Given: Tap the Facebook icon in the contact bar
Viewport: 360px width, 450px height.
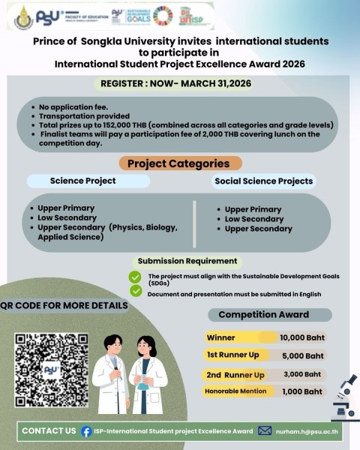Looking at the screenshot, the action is (87, 431).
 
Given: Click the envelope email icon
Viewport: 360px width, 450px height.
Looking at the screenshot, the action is (265, 430).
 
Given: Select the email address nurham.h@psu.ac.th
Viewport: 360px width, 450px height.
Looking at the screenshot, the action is (308, 431).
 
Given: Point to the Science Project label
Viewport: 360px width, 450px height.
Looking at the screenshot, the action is (82, 181).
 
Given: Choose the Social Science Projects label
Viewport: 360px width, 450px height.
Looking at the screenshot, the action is (264, 181).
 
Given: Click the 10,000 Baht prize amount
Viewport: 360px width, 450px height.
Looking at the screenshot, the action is (301, 337).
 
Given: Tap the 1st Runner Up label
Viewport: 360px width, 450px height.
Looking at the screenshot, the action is (232, 355).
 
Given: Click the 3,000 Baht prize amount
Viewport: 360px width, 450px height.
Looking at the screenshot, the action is (301, 374).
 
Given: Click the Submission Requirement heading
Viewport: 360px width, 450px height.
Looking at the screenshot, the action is (187, 261).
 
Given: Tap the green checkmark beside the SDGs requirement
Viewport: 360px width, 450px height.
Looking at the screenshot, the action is (136, 277).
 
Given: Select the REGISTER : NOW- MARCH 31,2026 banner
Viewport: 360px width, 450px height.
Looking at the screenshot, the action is (179, 84).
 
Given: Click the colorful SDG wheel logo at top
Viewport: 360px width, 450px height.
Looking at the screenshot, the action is (162, 15).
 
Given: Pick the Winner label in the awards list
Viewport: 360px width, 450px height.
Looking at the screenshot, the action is (221, 337).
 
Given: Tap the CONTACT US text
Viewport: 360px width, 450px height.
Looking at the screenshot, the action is (49, 431).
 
